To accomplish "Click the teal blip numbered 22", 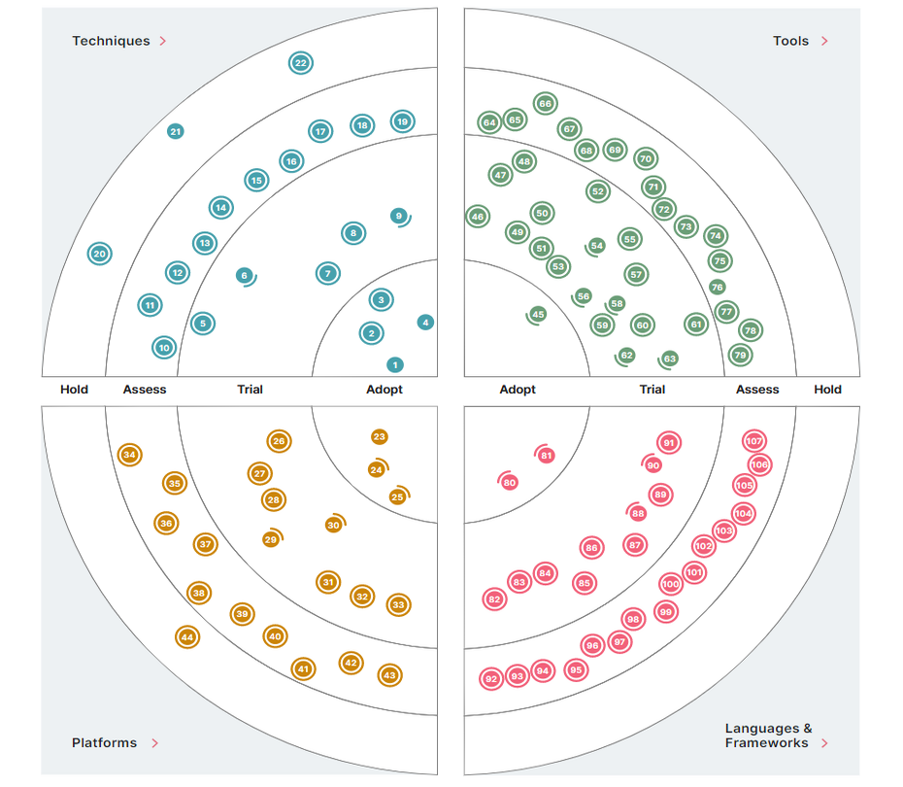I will click(301, 63).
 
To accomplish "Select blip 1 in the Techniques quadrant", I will click(394, 365).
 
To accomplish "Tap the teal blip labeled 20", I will click(99, 255).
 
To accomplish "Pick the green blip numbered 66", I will click(545, 104).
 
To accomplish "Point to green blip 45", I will click(538, 314).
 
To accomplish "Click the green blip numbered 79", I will click(741, 355).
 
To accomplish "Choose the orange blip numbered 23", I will click(379, 437).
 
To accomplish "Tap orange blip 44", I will click(187, 637).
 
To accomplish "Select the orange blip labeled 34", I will click(129, 455).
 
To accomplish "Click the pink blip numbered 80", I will click(510, 482).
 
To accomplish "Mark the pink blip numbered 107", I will click(754, 441).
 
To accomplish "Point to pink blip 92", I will click(491, 678).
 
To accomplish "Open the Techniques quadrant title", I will click(111, 41).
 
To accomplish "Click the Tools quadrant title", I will click(790, 41).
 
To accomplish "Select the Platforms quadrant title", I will click(104, 743).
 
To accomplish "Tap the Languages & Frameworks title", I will click(768, 736).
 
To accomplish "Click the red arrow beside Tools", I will click(824, 41).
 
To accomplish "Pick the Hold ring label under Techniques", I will click(74, 390).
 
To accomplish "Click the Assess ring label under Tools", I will click(757, 390).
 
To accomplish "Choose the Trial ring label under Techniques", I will click(250, 390).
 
